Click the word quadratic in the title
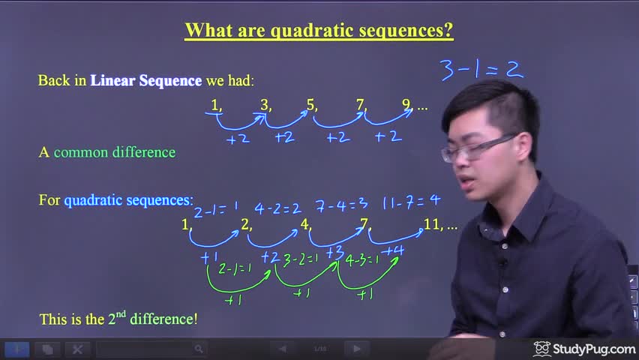(x=312, y=30)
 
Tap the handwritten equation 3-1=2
(x=482, y=70)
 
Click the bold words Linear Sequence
(x=146, y=80)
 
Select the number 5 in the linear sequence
(x=311, y=105)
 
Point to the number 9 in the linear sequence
(x=406, y=104)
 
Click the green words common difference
(x=115, y=152)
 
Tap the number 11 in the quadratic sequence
(x=431, y=224)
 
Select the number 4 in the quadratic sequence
(x=304, y=224)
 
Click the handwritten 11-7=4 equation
(x=411, y=202)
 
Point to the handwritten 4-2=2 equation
(x=278, y=208)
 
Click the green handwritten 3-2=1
(x=300, y=259)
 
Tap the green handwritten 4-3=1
(x=362, y=260)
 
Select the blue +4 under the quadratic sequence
(x=394, y=250)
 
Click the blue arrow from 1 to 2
(x=212, y=244)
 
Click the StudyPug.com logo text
(x=594, y=349)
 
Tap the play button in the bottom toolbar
(x=356, y=349)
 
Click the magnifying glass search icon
(x=199, y=349)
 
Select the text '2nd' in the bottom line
(x=117, y=318)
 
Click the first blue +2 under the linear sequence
(x=238, y=139)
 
